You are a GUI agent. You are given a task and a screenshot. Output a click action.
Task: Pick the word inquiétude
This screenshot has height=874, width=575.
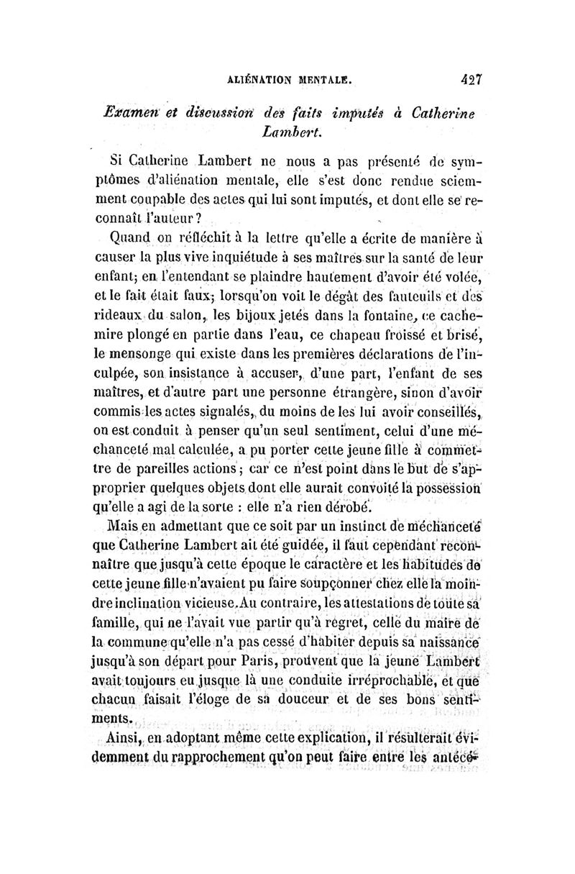coord(264,257)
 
